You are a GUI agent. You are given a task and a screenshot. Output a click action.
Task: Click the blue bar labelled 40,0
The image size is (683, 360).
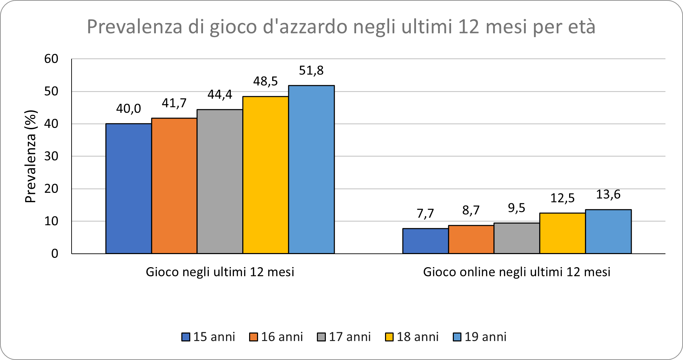(128, 188)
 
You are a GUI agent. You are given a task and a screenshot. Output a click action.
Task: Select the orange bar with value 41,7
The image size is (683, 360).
(174, 186)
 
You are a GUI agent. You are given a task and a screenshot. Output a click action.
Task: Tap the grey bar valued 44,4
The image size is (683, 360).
(220, 182)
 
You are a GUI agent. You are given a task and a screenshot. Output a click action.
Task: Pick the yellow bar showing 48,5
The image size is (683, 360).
(266, 175)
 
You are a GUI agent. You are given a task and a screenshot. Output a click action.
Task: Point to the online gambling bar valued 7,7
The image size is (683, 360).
(426, 241)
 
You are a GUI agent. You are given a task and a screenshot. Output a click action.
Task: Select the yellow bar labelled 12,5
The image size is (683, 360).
(563, 233)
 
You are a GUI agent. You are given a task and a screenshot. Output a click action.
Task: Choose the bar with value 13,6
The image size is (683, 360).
(608, 231)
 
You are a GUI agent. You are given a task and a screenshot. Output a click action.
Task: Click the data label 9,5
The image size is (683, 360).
(516, 208)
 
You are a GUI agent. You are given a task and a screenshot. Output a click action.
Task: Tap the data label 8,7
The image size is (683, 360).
(471, 210)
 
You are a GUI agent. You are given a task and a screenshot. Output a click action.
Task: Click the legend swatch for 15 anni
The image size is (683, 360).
(186, 337)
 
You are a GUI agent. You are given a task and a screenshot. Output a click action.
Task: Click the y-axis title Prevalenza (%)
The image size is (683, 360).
(31, 156)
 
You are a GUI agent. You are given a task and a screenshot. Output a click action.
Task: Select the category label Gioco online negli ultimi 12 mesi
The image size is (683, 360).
(516, 272)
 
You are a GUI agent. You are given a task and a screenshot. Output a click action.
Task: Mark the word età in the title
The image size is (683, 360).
(581, 27)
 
